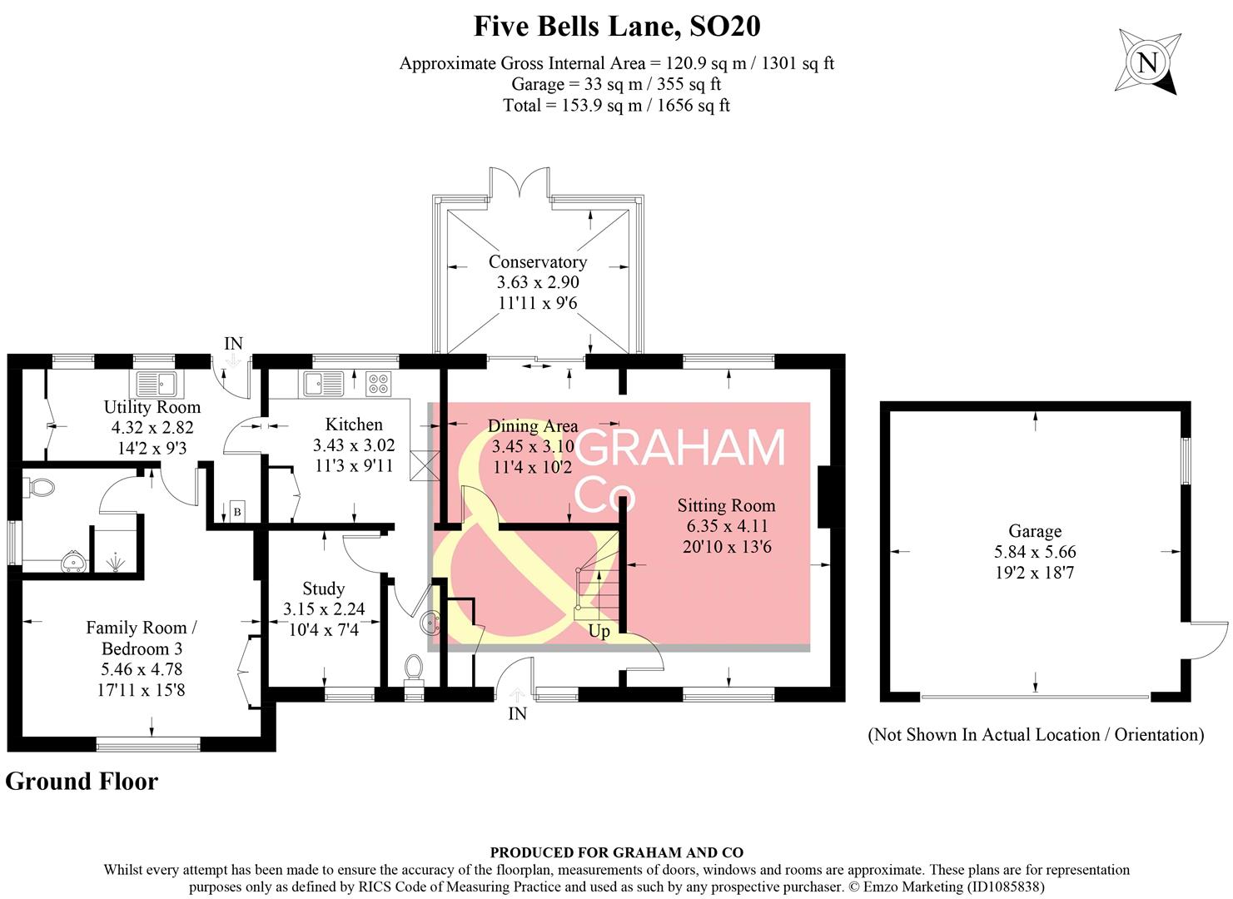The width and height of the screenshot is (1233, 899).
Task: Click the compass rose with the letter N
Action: point(1147,62)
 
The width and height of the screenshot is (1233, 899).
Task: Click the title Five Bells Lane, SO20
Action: point(617,26)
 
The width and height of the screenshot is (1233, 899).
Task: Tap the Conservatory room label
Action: point(537,261)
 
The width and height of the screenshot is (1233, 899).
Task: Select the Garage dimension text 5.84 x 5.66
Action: point(1035,552)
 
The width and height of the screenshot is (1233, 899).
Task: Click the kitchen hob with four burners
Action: point(378,384)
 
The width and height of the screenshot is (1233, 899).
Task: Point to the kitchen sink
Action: point(324,384)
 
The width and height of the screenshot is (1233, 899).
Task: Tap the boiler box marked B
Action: point(237,512)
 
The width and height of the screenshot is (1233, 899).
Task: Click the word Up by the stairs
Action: point(599,632)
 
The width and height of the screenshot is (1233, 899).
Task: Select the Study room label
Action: point(323,589)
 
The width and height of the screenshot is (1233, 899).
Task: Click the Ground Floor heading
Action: point(82,782)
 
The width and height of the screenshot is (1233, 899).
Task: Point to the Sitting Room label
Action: point(726,505)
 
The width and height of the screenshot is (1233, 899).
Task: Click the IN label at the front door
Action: point(517,714)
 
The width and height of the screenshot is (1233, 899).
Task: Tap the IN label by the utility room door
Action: point(233,344)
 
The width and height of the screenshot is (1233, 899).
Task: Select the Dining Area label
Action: point(532,426)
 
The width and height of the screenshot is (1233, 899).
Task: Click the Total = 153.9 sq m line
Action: point(616,106)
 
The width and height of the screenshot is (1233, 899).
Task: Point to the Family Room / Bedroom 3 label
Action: point(142,638)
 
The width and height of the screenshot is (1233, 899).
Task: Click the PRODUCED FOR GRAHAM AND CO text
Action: point(616,852)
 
